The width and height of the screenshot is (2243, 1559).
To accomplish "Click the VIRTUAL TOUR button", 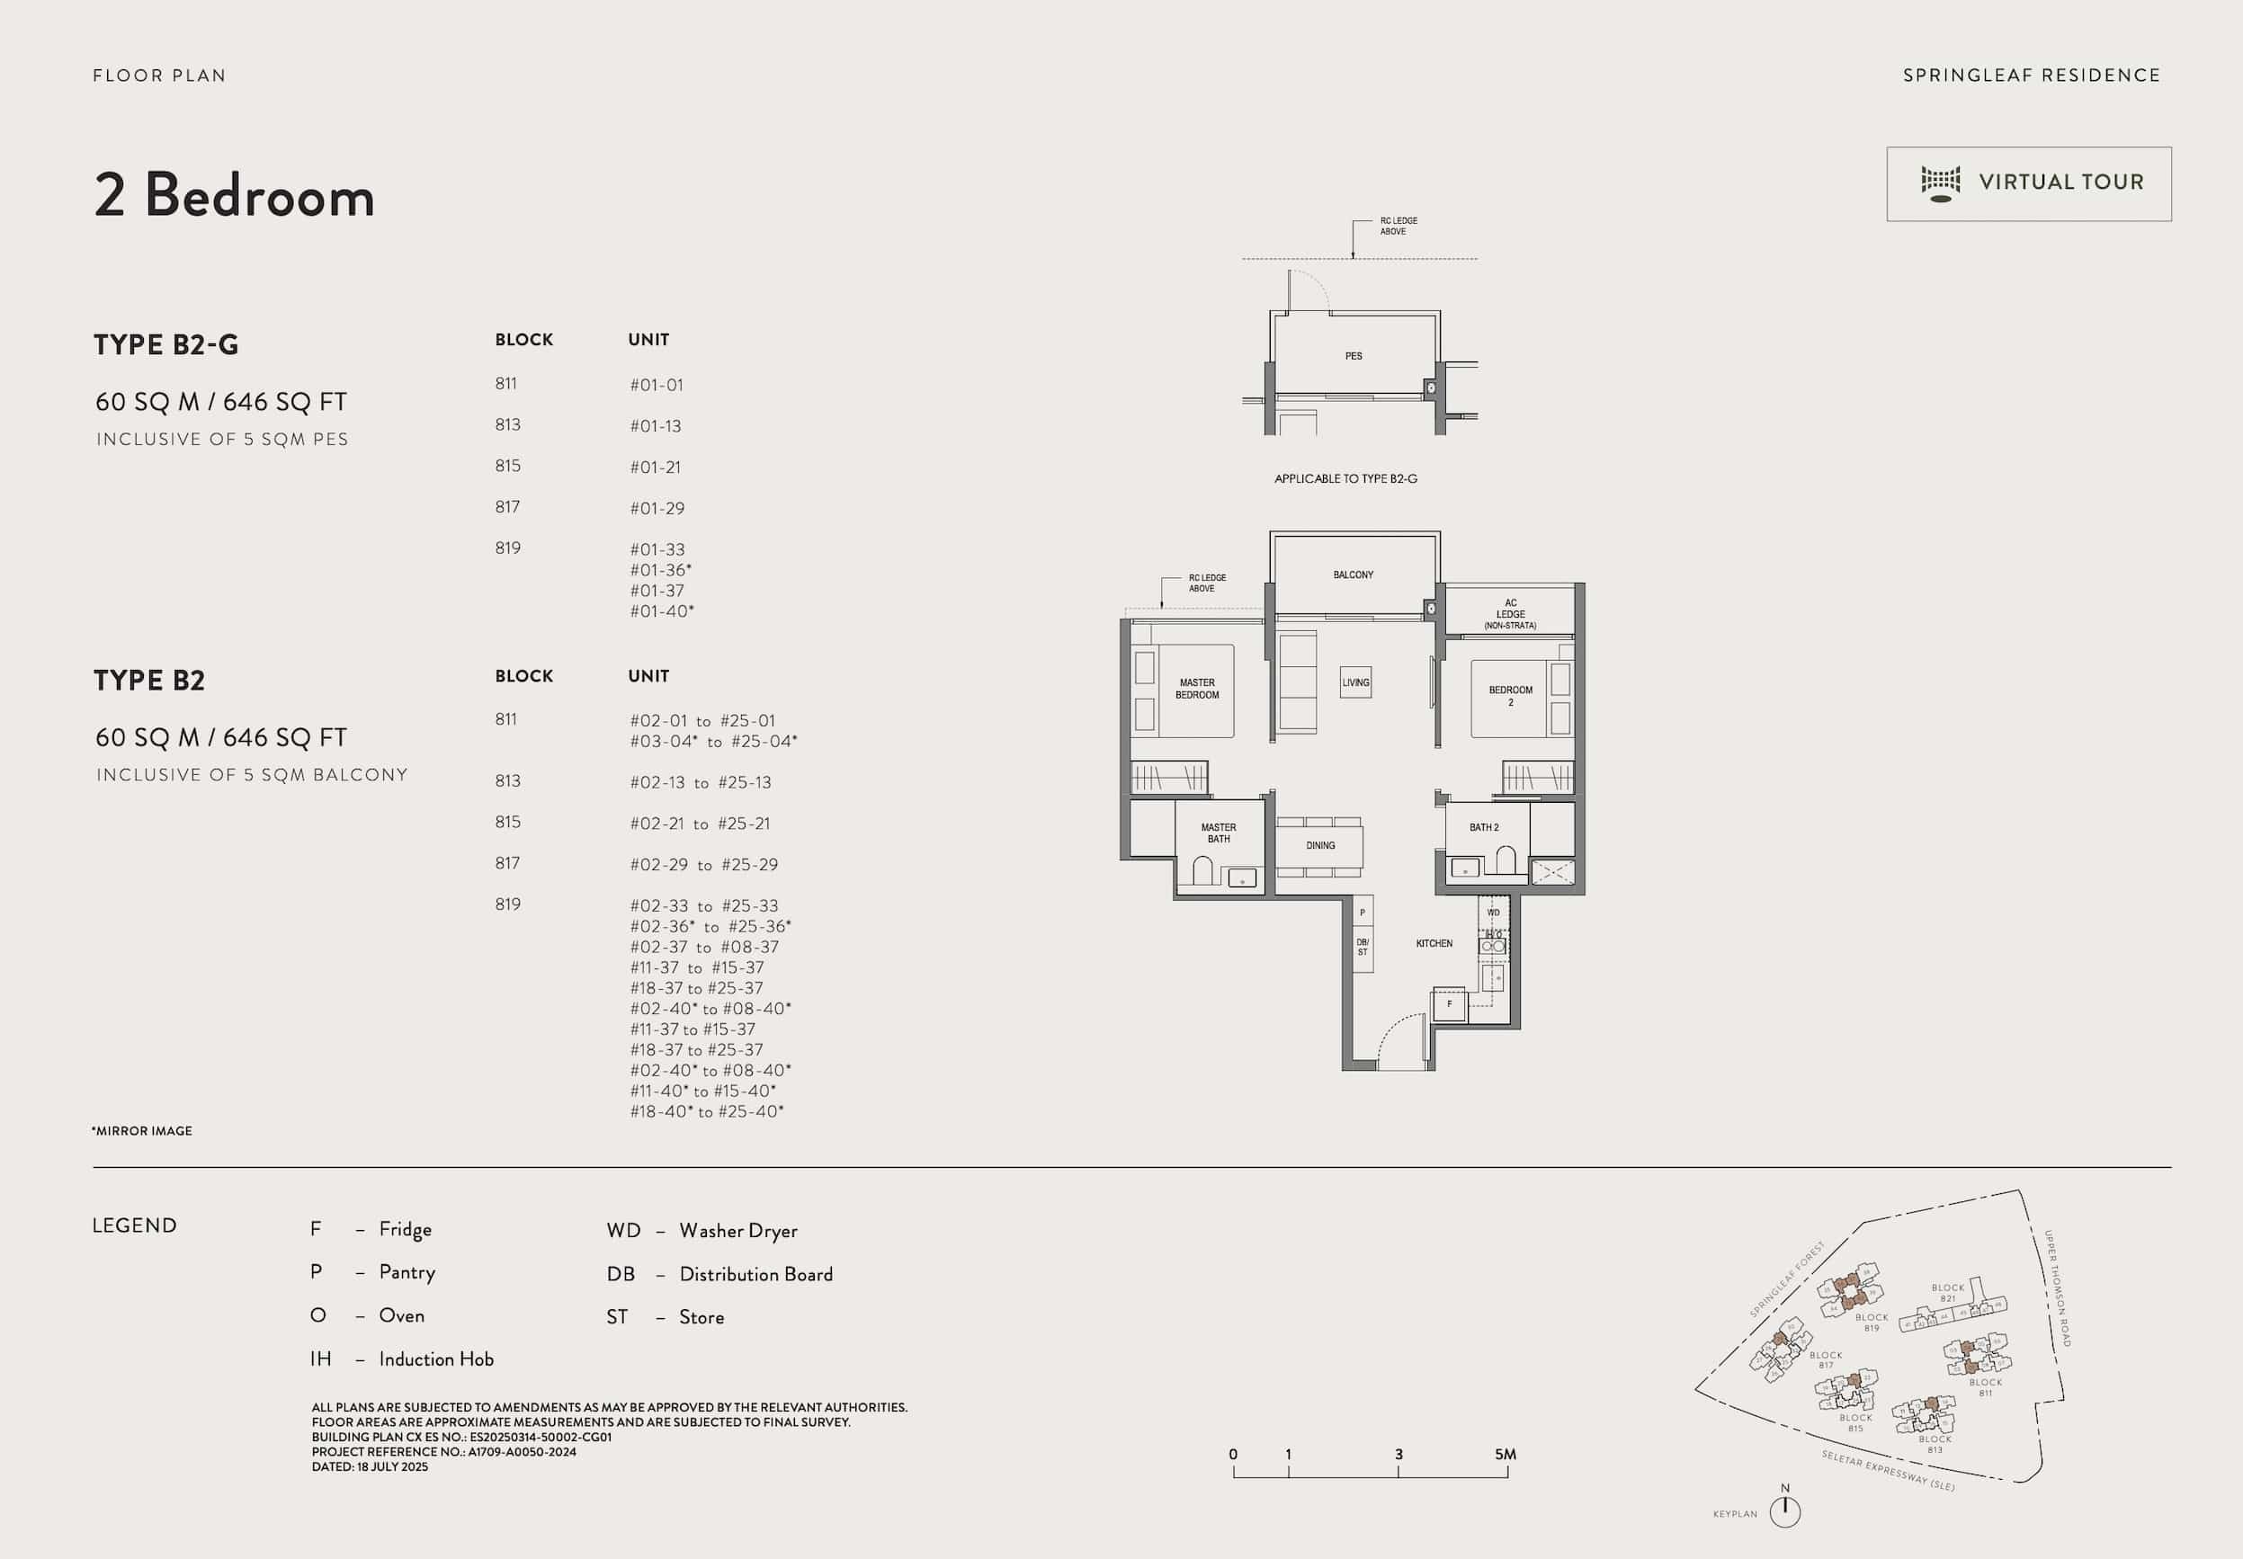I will (x=2028, y=183).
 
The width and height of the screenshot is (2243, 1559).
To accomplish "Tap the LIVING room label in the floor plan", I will (x=1355, y=682).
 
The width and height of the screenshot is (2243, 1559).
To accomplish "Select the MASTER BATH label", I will (x=1219, y=833).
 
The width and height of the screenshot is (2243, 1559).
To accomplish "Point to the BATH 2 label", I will (x=1483, y=827).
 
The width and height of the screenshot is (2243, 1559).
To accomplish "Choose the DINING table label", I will (x=1320, y=846).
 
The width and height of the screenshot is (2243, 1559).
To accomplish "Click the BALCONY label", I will (x=1353, y=575).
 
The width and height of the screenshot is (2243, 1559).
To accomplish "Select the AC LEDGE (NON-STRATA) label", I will (x=1509, y=614).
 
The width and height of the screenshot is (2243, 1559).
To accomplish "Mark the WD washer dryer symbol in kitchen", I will (x=1493, y=913).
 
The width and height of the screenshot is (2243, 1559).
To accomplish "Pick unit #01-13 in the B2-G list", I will (x=656, y=426).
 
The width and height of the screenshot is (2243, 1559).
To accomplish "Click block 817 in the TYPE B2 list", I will (x=507, y=863).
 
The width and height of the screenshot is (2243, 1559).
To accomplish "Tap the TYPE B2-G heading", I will (x=166, y=345).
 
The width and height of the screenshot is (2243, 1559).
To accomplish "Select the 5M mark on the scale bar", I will (x=1506, y=1456).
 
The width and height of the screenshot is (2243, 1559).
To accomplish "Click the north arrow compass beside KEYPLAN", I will (x=1785, y=1512).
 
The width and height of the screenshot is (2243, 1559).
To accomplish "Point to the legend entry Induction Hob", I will (x=435, y=1359).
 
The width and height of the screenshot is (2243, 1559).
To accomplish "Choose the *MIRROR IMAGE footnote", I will (x=143, y=1131).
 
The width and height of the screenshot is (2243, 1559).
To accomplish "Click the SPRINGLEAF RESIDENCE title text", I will (x=2031, y=76).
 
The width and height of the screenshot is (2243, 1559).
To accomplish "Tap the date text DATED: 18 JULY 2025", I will (x=370, y=1467).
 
